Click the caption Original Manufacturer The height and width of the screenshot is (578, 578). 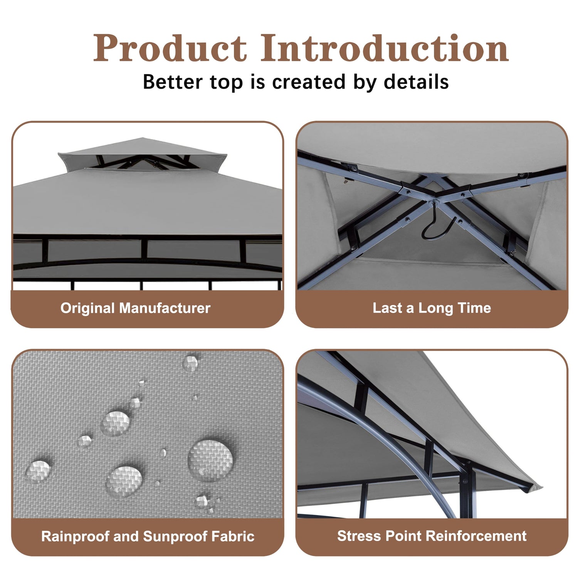pyautogui.click(x=135, y=308)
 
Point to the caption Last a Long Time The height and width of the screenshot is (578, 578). pyautogui.click(x=432, y=308)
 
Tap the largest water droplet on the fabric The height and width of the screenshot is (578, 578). pyautogui.click(x=210, y=460)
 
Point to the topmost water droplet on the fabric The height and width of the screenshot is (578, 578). pyautogui.click(x=190, y=363)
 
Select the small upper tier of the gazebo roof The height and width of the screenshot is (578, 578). pyautogui.click(x=143, y=152)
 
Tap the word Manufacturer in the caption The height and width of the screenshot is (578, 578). pyautogui.click(x=165, y=308)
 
